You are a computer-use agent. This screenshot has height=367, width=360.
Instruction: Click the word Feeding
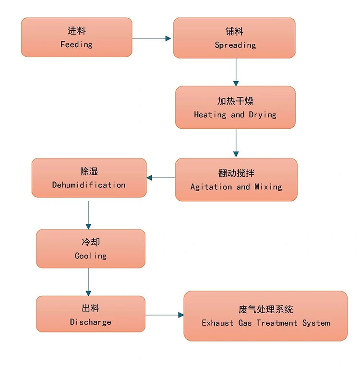coord(76,44)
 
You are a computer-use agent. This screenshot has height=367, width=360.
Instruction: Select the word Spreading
coord(235,45)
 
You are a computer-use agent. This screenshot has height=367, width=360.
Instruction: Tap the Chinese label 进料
coord(76,31)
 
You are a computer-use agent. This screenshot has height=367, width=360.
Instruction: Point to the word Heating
coord(210,115)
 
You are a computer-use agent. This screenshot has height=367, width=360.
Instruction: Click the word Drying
coord(263,115)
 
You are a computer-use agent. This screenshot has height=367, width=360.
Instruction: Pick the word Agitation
coord(211,187)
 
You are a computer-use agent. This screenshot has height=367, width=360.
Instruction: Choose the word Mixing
coord(268,187)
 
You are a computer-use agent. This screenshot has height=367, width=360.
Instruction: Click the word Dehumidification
coord(89,185)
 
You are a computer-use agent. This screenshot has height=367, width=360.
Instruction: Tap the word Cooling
coord(91,256)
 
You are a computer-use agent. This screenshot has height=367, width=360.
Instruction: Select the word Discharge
coord(91,322)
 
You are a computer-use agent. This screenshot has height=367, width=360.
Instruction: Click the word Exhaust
coord(217,323)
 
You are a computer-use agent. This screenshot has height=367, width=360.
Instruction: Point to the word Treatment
coord(277,323)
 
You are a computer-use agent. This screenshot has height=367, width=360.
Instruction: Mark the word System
coord(316,323)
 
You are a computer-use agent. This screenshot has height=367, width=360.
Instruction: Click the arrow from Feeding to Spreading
coord(152,38)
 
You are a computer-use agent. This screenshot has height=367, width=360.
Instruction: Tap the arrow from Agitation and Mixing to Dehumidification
coord(161,178)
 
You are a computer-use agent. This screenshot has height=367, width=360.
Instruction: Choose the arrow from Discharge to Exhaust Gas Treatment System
coord(165,315)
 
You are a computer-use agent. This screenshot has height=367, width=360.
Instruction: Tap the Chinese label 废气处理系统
coord(265,309)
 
